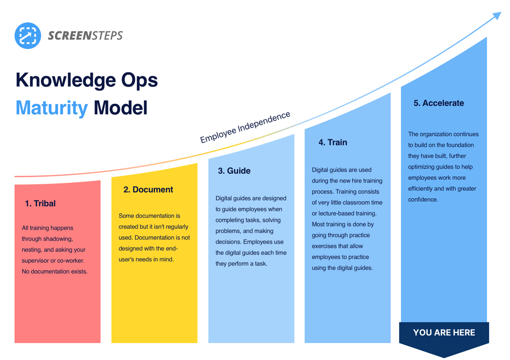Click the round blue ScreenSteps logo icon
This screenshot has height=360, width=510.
tap(28, 35)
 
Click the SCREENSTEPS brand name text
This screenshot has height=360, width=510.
tap(85, 36)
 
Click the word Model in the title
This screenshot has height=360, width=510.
tap(120, 108)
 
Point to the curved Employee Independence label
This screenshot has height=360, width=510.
tap(245, 127)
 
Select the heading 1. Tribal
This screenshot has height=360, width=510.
tap(40, 204)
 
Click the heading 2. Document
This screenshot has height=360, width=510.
tap(148, 190)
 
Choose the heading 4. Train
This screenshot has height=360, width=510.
tap(333, 142)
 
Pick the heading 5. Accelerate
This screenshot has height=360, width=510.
tap(439, 103)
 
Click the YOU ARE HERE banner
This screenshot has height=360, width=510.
tap(444, 332)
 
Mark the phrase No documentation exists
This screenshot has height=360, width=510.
tap(54, 271)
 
